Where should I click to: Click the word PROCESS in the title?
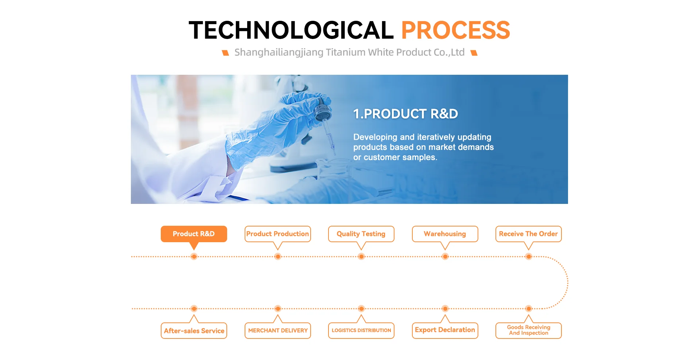[x=455, y=30]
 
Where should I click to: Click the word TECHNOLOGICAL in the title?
[x=291, y=30]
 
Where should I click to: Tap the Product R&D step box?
[x=194, y=234]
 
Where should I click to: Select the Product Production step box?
[x=278, y=234]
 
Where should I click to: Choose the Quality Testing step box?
[x=361, y=234]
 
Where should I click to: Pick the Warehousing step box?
[x=445, y=234]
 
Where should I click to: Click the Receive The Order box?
[x=529, y=234]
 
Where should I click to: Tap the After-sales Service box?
[x=194, y=330]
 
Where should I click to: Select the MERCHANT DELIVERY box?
[x=278, y=330]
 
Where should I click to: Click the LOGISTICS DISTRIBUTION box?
[x=361, y=330]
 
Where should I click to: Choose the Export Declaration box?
[x=445, y=330]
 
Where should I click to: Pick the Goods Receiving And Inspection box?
[x=529, y=330]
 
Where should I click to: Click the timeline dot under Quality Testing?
[x=361, y=257]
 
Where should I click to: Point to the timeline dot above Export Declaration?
[x=445, y=309]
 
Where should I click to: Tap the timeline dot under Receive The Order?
[x=529, y=257]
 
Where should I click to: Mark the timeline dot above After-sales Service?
[x=194, y=309]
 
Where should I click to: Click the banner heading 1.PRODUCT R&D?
[x=405, y=114]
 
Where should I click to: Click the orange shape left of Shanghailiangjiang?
[x=226, y=53]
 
